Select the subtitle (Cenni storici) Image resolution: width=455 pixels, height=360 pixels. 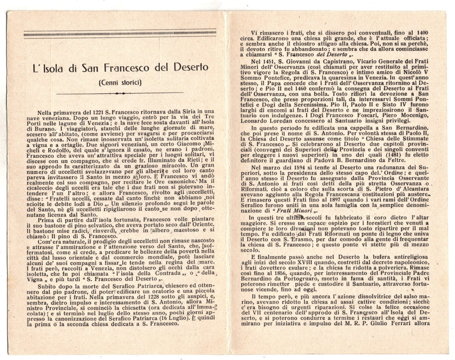[119, 83]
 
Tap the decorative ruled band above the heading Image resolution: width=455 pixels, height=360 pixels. [120, 34]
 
